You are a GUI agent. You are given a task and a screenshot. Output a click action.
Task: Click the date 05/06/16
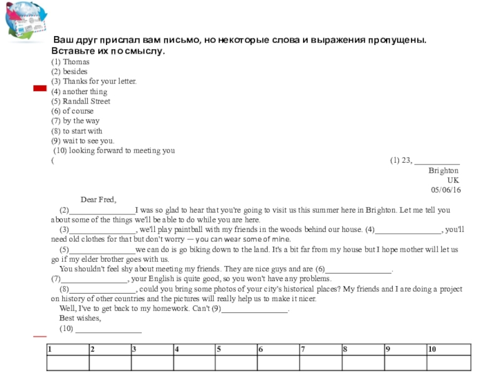(x=446, y=190)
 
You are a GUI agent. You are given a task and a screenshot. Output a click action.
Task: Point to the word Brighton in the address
(x=443, y=170)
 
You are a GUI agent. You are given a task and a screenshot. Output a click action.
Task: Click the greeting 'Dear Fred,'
(x=98, y=200)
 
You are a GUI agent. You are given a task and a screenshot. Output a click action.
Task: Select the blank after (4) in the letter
(x=408, y=231)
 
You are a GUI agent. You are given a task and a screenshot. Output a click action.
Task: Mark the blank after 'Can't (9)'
(x=255, y=310)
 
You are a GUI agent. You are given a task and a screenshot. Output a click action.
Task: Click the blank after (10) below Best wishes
(x=108, y=330)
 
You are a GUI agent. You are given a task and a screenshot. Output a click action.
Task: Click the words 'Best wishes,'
(x=80, y=319)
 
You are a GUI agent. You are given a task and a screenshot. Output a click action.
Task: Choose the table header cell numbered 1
(x=68, y=349)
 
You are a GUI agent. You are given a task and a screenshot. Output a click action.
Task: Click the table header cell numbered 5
(x=236, y=349)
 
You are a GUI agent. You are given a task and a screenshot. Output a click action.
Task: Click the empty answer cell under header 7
(x=320, y=363)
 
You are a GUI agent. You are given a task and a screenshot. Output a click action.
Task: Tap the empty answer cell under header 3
(x=152, y=363)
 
